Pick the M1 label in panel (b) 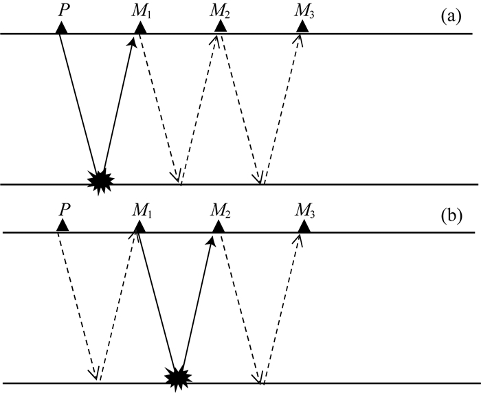141,207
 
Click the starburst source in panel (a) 101,181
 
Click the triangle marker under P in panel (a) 61,27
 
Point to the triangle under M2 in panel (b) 221,226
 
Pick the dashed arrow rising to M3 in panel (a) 280,110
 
